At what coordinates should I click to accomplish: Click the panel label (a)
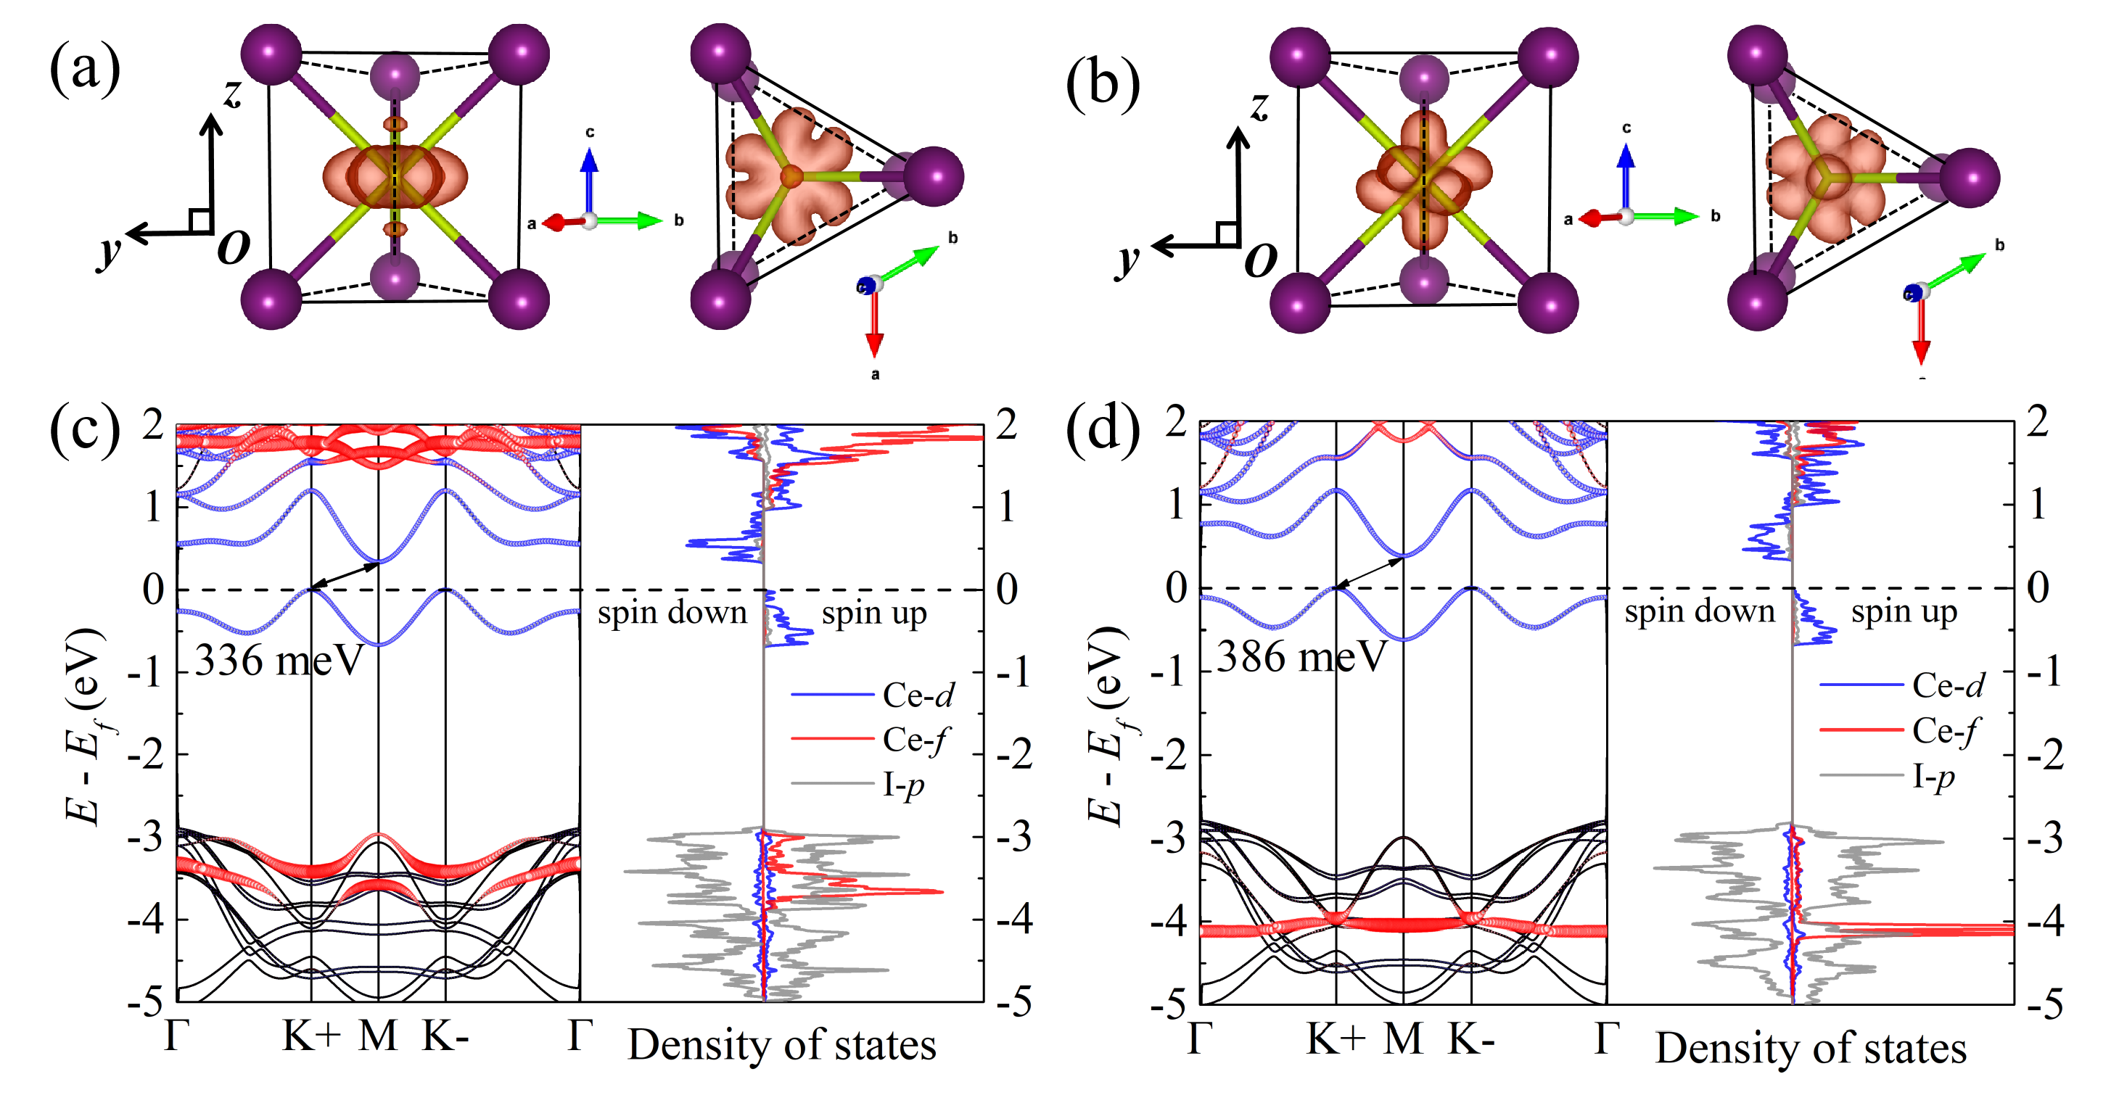click(x=85, y=69)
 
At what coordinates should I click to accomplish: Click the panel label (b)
click(x=1102, y=84)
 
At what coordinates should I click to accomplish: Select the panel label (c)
click(x=85, y=429)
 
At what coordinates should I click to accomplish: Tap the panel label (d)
click(x=1102, y=429)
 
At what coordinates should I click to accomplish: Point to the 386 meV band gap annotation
click(x=1301, y=656)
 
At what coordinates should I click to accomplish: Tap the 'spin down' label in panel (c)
click(x=672, y=613)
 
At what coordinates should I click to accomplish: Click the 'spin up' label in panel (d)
click(x=1904, y=612)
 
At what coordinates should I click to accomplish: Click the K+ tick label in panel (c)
click(x=311, y=1036)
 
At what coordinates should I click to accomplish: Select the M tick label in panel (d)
click(x=1402, y=1038)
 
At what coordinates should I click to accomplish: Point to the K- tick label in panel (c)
click(x=445, y=1036)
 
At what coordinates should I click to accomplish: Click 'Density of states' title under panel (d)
click(x=1811, y=1049)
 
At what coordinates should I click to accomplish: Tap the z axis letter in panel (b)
click(x=1259, y=106)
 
